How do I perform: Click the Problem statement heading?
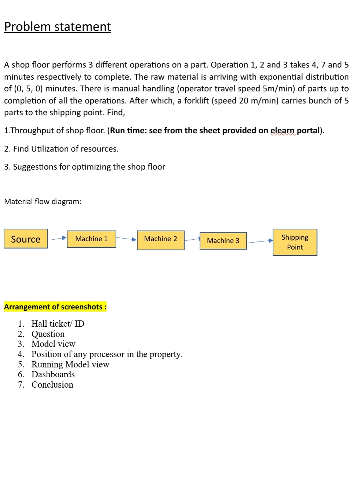click(57, 27)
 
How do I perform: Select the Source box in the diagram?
click(26, 239)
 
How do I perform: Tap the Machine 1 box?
click(91, 239)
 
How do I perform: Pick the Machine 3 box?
click(223, 241)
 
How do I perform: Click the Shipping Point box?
click(295, 242)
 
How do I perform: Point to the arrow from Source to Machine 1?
click(58, 239)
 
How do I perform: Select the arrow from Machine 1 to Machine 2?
click(126, 239)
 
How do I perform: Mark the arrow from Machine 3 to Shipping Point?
click(260, 242)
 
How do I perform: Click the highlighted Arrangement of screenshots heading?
click(55, 307)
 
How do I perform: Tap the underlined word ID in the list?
click(80, 324)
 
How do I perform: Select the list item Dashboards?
click(53, 374)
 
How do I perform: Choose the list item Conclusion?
click(52, 385)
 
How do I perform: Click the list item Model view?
click(53, 344)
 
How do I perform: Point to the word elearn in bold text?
click(283, 131)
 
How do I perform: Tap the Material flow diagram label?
click(43, 202)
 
